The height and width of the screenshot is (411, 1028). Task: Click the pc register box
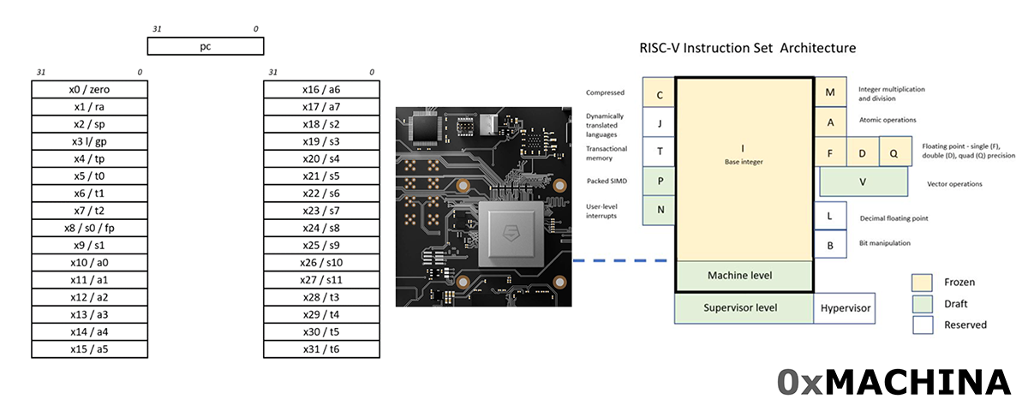click(x=206, y=46)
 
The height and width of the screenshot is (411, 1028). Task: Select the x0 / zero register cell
click(x=89, y=89)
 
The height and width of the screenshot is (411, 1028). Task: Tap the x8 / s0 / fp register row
click(x=89, y=228)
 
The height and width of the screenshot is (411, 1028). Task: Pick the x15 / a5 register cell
click(x=89, y=349)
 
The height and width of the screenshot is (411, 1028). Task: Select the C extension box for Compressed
click(x=659, y=94)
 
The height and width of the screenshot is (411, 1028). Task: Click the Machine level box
click(x=744, y=276)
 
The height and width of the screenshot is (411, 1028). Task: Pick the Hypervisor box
click(x=845, y=307)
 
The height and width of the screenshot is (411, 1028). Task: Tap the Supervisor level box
click(x=744, y=307)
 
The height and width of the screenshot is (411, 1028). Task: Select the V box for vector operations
click(x=864, y=182)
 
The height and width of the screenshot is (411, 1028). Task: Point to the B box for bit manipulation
click(x=830, y=245)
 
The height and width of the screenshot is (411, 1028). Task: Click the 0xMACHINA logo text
click(x=893, y=383)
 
